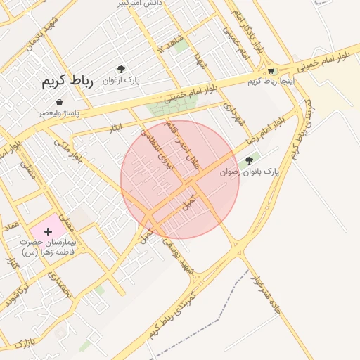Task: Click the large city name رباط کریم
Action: pos(67,82)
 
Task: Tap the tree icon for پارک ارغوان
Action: pos(122,70)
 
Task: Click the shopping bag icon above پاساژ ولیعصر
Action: pos(58,102)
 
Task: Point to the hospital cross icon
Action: pos(48,231)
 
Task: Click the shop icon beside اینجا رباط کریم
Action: pos(271,71)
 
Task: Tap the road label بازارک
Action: pos(23,344)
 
